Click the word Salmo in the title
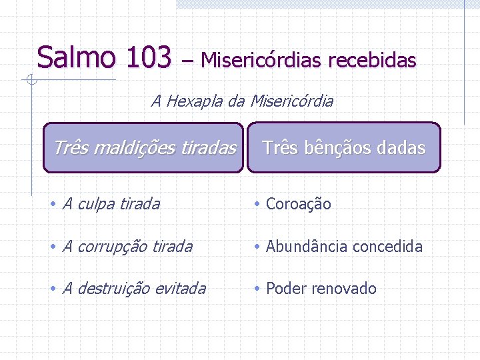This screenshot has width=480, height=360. click(77, 57)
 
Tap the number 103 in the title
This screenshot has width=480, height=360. click(147, 57)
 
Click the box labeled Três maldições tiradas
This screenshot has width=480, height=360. click(144, 147)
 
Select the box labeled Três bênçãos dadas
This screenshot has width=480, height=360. click(344, 147)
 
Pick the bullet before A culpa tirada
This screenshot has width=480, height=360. click(53, 204)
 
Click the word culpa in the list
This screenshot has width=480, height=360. click(95, 204)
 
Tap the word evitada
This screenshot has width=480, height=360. click(180, 289)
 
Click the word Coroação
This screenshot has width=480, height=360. click(298, 204)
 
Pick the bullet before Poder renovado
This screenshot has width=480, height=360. click(257, 289)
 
